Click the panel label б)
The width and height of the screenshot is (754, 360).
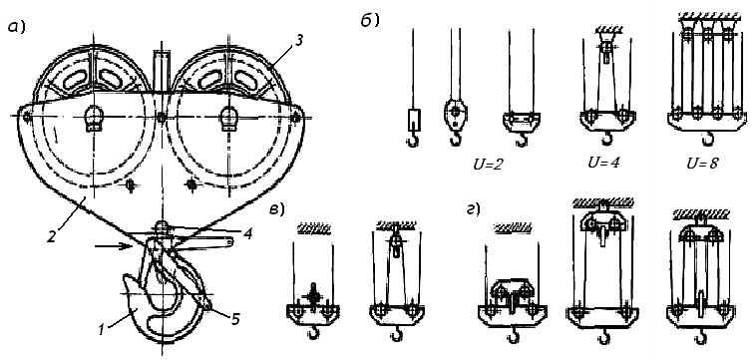click(371, 21)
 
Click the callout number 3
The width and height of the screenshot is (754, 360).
click(299, 40)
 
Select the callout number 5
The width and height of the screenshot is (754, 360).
click(234, 319)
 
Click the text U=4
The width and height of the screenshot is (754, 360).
click(603, 162)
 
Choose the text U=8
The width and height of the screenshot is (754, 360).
click(702, 164)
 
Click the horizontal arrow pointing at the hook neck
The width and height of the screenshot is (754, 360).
click(114, 246)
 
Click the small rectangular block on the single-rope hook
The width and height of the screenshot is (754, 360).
click(414, 120)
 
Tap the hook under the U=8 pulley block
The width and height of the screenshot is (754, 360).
click(707, 139)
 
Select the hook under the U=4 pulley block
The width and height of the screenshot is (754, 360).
click(607, 138)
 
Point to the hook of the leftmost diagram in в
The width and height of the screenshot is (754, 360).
click(313, 332)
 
